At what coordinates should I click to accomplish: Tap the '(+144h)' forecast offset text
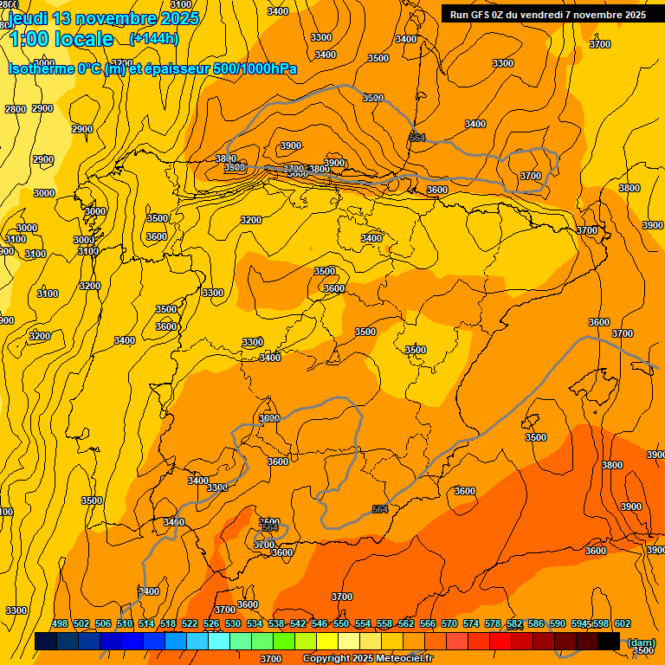[x=153, y=38]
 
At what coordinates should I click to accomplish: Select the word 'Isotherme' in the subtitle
[x=42, y=68]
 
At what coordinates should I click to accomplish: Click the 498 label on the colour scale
[x=60, y=623]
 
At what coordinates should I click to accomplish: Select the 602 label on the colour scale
[x=623, y=623]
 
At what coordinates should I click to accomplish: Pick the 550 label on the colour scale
[x=341, y=623]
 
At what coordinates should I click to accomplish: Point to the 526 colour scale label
[x=211, y=623]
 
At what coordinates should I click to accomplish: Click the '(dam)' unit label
[x=642, y=642]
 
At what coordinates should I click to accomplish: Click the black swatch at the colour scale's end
[x=609, y=642]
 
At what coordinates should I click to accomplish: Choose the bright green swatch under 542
[x=284, y=642]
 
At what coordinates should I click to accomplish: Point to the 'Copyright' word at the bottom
[x=327, y=659]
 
